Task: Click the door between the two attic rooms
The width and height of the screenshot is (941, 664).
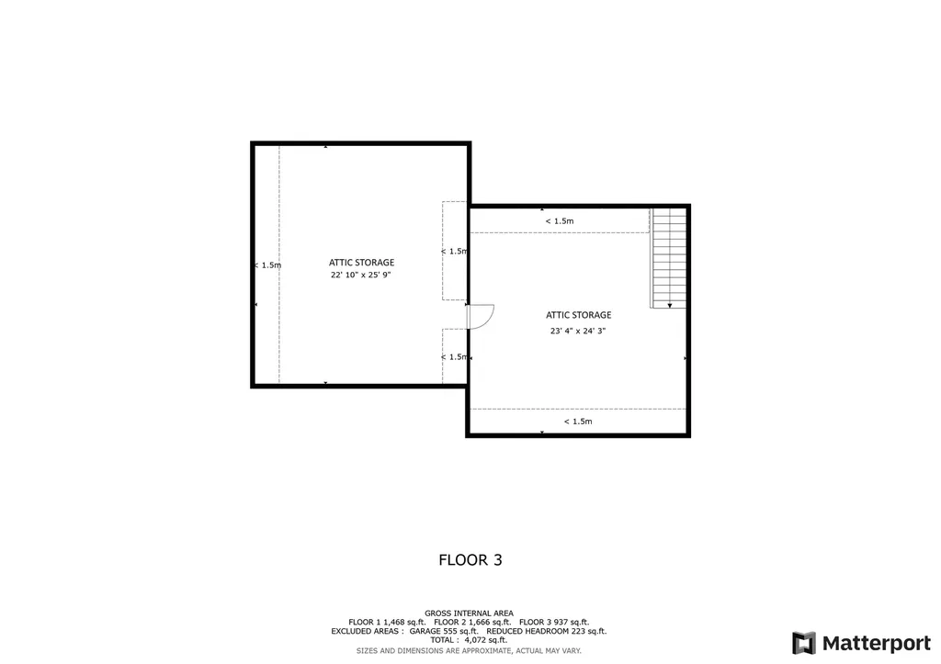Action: pyautogui.click(x=480, y=317)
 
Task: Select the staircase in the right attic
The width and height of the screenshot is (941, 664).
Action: pyautogui.click(x=669, y=258)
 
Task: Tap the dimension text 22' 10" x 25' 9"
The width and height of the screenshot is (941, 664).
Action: pyautogui.click(x=360, y=276)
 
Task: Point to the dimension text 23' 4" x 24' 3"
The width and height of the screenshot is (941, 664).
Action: pyautogui.click(x=578, y=331)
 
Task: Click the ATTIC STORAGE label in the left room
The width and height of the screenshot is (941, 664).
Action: pyautogui.click(x=361, y=262)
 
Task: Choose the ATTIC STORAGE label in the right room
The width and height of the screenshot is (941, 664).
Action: pyautogui.click(x=579, y=315)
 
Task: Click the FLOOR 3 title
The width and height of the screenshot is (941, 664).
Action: pyautogui.click(x=470, y=559)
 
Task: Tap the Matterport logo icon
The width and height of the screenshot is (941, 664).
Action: pyautogui.click(x=804, y=643)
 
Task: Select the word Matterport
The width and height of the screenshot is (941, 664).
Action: pyautogui.click(x=876, y=644)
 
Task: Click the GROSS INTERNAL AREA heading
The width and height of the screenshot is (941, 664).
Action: pyautogui.click(x=470, y=613)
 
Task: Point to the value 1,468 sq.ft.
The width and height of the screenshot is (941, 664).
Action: pyautogui.click(x=404, y=622)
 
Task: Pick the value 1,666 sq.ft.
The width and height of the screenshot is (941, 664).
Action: pyautogui.click(x=490, y=622)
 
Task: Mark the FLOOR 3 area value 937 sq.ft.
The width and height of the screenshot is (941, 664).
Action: pyautogui.click(x=571, y=622)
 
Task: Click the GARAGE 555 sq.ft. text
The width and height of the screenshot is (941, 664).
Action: pyautogui.click(x=444, y=631)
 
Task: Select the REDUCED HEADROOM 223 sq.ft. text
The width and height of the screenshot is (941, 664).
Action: pyautogui.click(x=547, y=631)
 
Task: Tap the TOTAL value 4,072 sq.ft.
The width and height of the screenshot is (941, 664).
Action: pyautogui.click(x=485, y=640)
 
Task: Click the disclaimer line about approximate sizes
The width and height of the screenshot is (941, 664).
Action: pyautogui.click(x=469, y=651)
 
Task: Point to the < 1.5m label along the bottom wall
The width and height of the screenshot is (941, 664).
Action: pyautogui.click(x=578, y=422)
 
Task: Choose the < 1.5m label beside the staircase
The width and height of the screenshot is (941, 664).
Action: pyautogui.click(x=560, y=221)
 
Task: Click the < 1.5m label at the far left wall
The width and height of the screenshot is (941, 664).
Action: pyautogui.click(x=267, y=265)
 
